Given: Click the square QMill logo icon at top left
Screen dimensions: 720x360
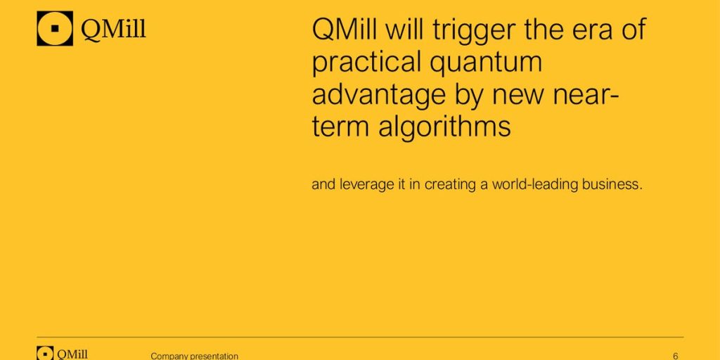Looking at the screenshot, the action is [55, 28].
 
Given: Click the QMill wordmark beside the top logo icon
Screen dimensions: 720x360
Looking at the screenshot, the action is [113, 30].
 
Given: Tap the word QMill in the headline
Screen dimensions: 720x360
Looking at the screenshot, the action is [345, 29].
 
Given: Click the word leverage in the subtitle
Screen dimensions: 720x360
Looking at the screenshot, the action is [366, 185].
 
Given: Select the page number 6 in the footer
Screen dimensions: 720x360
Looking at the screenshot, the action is [676, 356].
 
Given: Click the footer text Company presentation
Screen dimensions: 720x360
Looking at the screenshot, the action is [194, 356].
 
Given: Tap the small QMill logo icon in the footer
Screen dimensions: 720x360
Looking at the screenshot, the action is [45, 353].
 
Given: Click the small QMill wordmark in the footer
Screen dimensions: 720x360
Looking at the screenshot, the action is [72, 354].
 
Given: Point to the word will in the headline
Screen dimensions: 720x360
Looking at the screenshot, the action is [404, 29].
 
